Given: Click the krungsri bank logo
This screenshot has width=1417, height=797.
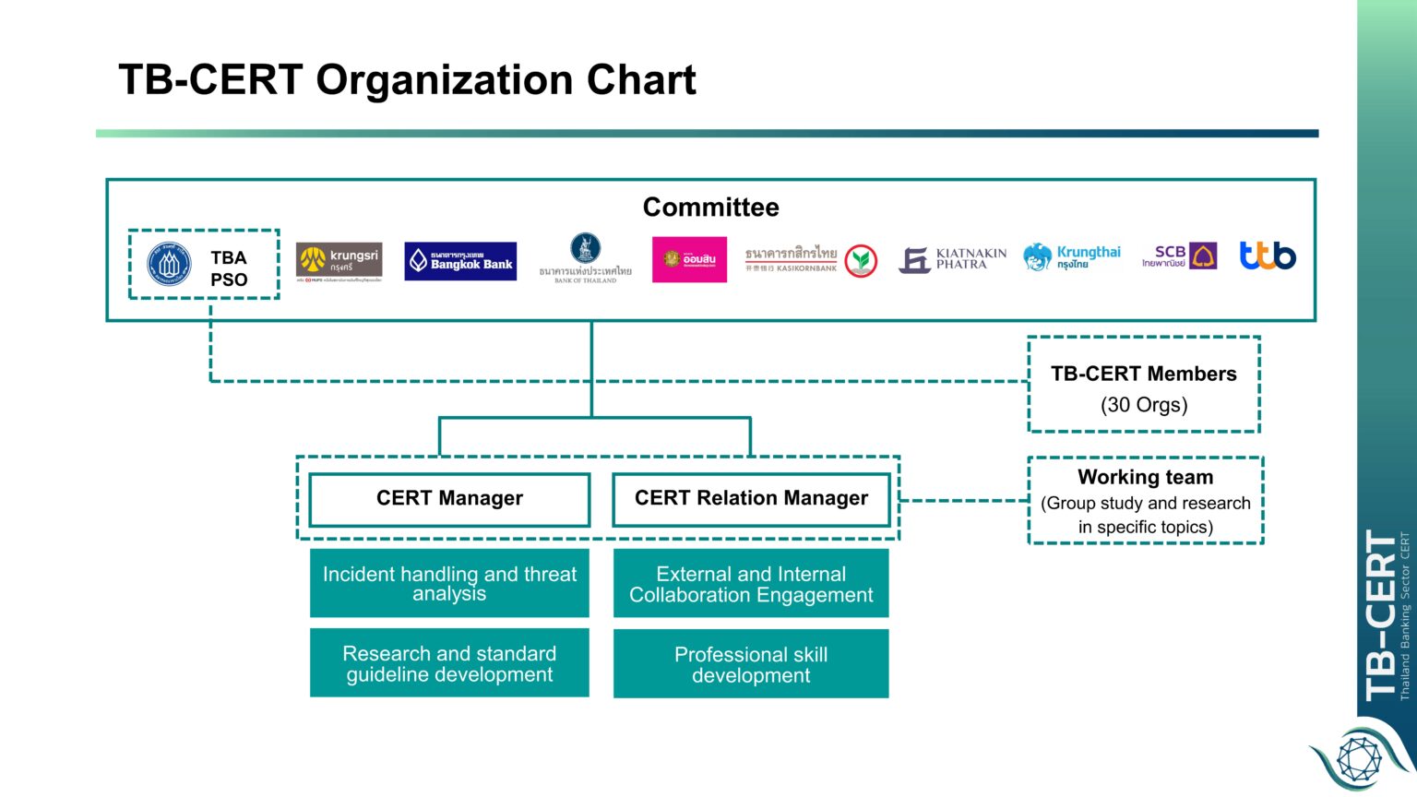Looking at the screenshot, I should pos(339,261).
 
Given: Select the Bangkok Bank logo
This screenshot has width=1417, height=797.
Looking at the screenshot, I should pos(460,261).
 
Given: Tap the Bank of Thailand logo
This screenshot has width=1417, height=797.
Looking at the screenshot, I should pos(585,258).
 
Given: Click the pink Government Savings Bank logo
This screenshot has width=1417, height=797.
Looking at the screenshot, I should pos(689,259).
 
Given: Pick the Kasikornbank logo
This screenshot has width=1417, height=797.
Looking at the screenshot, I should pos(810,260).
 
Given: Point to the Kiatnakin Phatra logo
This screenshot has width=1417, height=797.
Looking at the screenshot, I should pos(953,259).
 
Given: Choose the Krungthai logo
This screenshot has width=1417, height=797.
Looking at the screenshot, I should pos(1072,257).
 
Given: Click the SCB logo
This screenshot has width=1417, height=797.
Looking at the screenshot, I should pos(1179,256).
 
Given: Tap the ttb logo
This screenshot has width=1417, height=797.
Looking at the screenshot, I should pos(1267,256).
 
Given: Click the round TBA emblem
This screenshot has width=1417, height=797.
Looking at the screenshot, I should pos(170,264).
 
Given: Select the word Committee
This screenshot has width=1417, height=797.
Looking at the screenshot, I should pos(710,208).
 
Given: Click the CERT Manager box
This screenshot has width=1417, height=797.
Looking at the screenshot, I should pos(449,499).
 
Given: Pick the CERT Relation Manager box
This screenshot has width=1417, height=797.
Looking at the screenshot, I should pos(751,499).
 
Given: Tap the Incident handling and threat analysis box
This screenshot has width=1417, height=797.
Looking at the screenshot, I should pos(449,583).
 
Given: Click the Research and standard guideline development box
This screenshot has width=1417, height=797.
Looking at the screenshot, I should pos(449,663).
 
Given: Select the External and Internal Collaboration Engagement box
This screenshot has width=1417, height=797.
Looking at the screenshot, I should pos(751,584).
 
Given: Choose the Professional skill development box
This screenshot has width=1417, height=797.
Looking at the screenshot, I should pos(751,664).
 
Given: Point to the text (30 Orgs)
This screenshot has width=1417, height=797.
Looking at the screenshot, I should pos(1144,405).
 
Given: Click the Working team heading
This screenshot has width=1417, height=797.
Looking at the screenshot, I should pos(1145,477).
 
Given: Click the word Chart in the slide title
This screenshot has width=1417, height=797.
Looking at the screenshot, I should pos(641,80).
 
